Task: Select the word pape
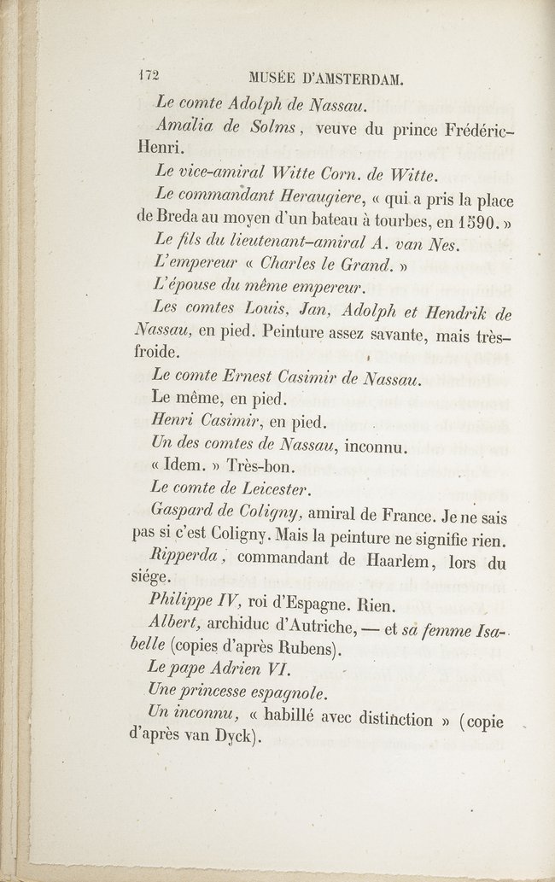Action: pyautogui.click(x=201, y=671)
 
